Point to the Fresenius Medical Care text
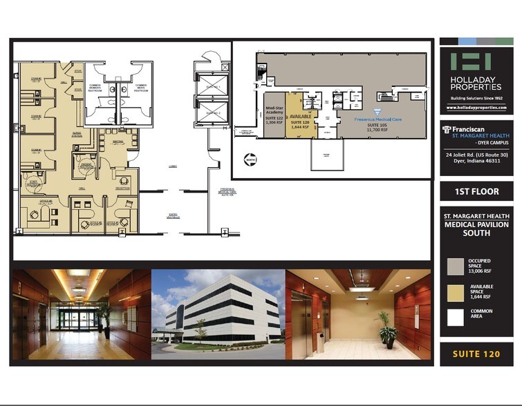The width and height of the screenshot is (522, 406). point(378,119)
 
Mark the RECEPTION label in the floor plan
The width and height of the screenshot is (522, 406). point(122,187)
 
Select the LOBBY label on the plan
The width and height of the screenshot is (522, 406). point(172,166)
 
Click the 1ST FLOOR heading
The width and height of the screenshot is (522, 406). point(476,191)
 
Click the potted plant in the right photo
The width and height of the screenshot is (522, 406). point(387,329)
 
